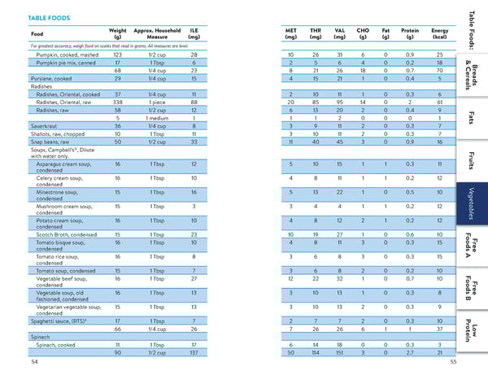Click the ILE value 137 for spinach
point(194,352)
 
